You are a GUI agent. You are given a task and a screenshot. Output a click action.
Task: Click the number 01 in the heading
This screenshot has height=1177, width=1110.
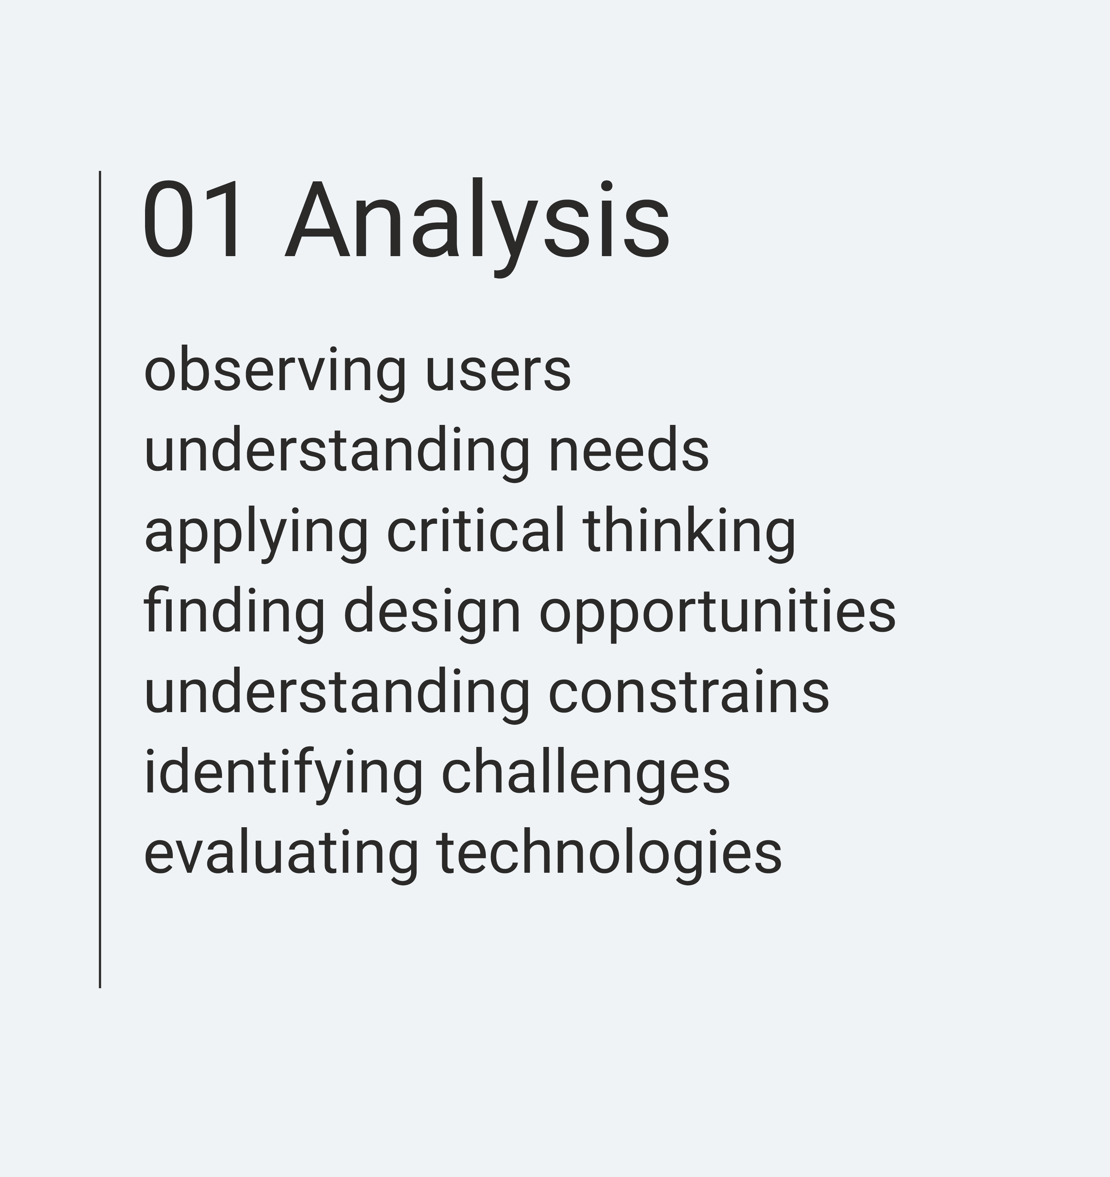tap(192, 219)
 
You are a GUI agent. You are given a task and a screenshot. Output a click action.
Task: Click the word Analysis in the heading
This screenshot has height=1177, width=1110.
tap(477, 227)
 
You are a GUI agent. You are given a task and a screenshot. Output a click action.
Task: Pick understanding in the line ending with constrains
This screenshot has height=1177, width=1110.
tap(337, 696)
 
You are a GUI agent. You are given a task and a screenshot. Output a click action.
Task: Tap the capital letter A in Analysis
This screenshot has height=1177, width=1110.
tap(323, 219)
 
